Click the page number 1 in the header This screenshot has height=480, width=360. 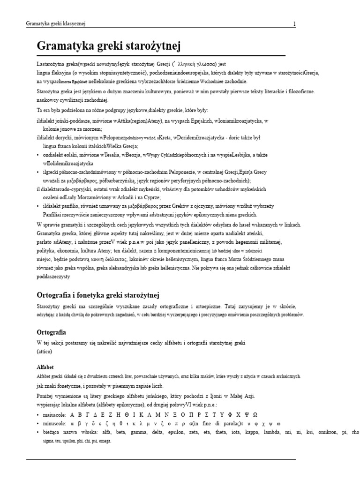pos(294,24)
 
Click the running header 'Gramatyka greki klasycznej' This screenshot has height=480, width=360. pos(55,24)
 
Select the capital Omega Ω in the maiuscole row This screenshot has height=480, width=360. pos(255,414)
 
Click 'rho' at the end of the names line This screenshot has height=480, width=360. pos(355,432)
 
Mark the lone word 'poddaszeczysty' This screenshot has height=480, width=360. pos(53,277)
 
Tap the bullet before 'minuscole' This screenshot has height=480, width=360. pos(38,423)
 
